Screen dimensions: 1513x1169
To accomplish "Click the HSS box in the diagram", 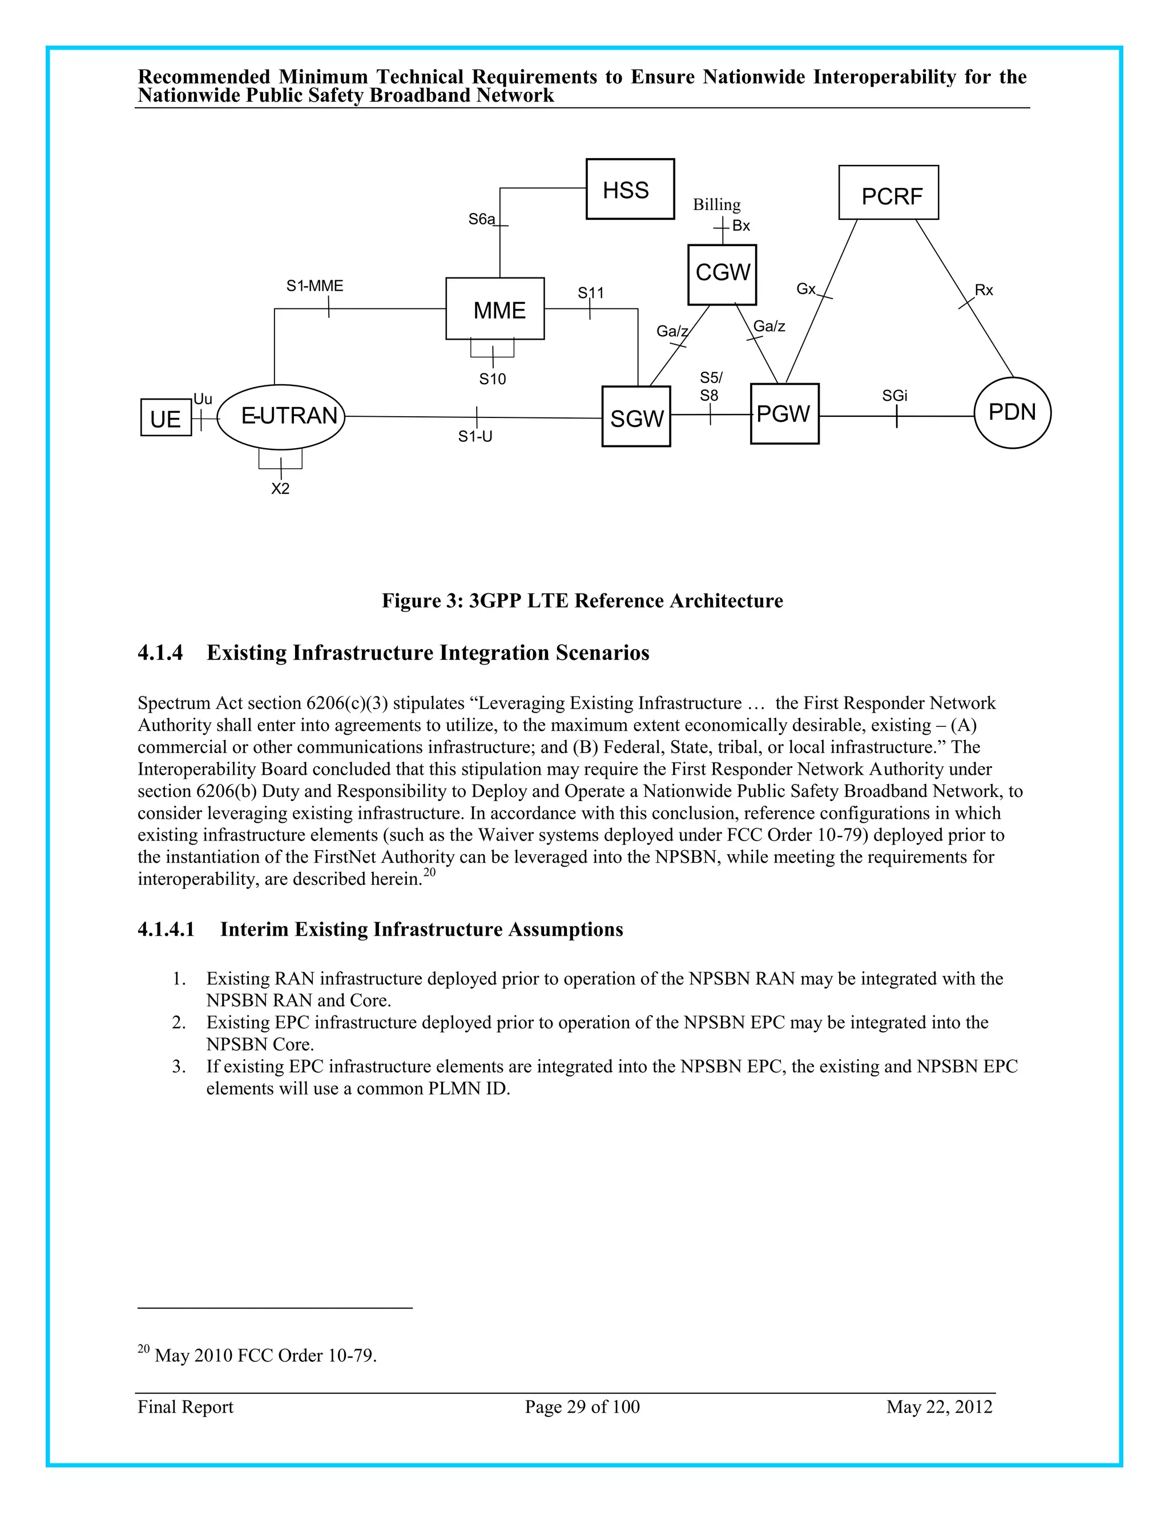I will [630, 189].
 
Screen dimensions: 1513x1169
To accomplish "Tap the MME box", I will [495, 309].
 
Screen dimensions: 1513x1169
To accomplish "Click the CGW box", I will [721, 274].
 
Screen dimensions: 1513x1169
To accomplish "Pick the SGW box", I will [636, 417].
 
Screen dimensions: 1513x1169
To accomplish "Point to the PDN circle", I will [1012, 413].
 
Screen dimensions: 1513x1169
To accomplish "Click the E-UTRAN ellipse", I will [281, 417].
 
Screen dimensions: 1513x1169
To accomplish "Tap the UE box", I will [166, 418].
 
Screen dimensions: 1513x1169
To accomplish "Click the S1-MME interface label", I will [315, 286].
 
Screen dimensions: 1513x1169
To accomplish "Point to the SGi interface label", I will [894, 396].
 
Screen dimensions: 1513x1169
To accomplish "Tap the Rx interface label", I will [983, 290].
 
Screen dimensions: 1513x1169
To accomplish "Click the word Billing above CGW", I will [717, 205].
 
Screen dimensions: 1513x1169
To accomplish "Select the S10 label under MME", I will [493, 379].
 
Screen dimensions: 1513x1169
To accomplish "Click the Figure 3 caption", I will [582, 601].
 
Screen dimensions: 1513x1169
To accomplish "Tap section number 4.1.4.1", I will [166, 929].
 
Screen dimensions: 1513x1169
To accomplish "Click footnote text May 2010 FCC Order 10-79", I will [265, 1355].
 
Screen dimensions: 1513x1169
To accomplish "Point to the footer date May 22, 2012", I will [939, 1406].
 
